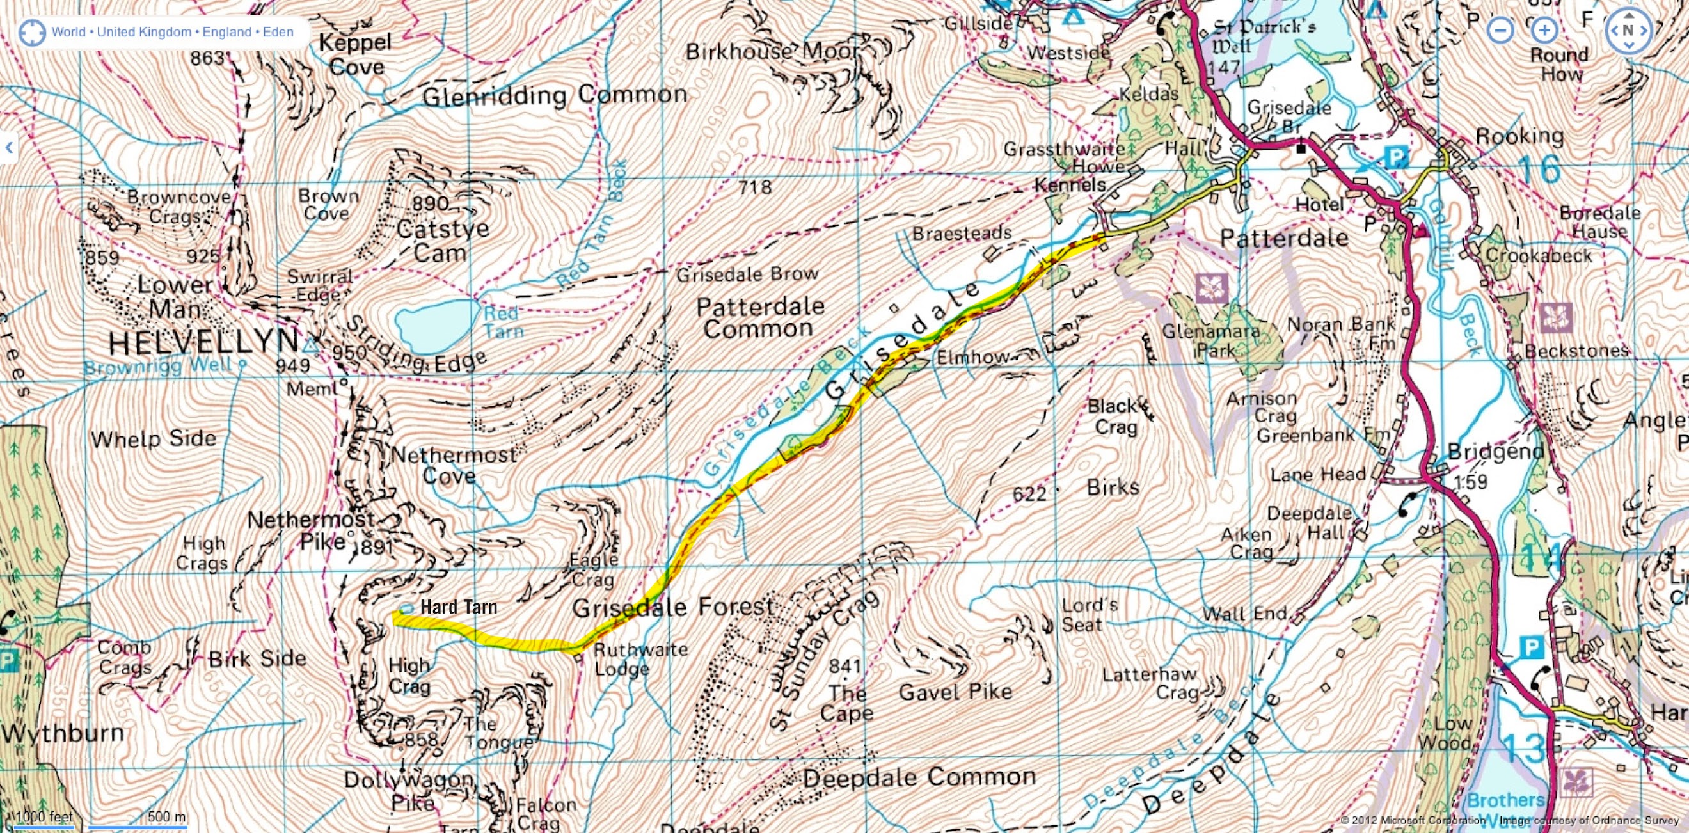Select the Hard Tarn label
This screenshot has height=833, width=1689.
(x=458, y=607)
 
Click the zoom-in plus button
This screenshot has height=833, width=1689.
(x=1544, y=30)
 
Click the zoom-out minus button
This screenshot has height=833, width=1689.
(x=1500, y=30)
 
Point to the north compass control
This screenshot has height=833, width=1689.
(x=1629, y=30)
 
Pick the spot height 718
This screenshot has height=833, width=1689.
(x=754, y=187)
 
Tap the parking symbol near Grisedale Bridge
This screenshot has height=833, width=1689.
(x=1396, y=157)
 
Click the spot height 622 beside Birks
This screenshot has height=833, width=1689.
(x=1029, y=493)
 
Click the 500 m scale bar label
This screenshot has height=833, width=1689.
(x=166, y=816)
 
